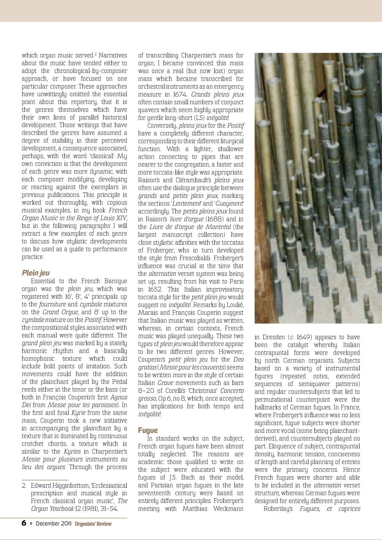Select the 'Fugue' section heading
pyautogui.click(x=148, y=430)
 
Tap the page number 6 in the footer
pyautogui.click(x=24, y=523)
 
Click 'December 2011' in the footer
pyautogui.click(x=54, y=524)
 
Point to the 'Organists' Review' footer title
pyautogui.click(x=93, y=524)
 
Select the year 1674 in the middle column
pyautogui.click(x=180, y=94)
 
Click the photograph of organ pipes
pyautogui.click(x=318, y=188)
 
